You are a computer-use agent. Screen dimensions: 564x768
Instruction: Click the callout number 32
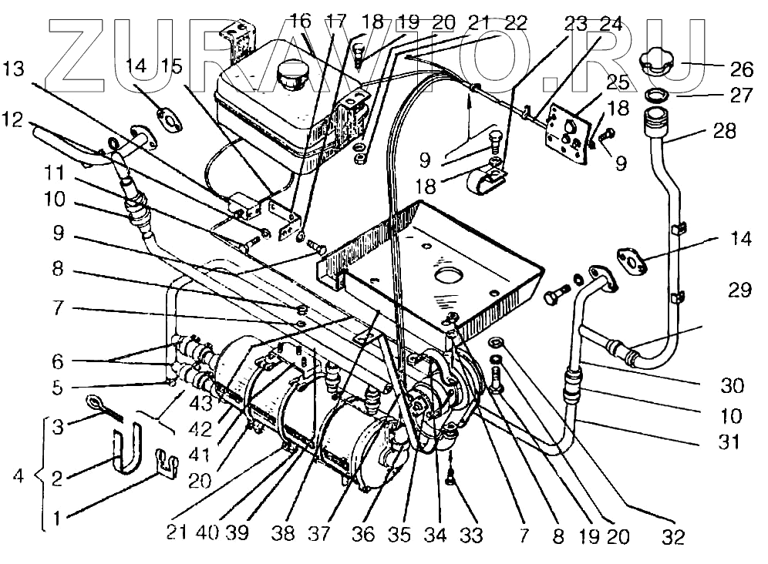click(x=673, y=537)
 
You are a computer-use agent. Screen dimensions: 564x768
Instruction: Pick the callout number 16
click(x=300, y=21)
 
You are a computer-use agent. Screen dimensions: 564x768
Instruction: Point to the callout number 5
click(x=56, y=387)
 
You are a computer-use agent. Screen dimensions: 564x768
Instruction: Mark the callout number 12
click(x=17, y=121)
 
